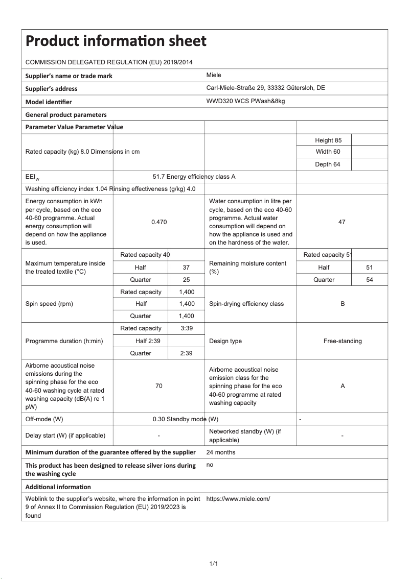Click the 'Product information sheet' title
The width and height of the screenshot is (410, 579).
[116, 41]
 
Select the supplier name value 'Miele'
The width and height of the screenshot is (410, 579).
[214, 75]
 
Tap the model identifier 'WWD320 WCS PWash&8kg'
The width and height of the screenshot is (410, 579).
[245, 101]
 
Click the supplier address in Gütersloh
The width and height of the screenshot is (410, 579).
[265, 88]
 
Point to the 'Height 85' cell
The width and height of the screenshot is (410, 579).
[324, 140]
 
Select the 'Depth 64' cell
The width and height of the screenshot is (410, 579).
[324, 164]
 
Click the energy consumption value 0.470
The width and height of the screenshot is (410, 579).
[159, 222]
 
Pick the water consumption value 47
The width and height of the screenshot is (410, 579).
[342, 222]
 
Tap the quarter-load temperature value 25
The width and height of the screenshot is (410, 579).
[187, 280]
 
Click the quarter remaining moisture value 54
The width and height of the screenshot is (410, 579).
[370, 280]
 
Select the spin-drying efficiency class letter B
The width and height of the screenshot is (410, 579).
[343, 304]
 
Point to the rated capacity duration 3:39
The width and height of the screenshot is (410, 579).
[187, 328]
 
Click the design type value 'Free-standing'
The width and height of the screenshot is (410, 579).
[343, 341]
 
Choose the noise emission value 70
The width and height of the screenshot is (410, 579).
[159, 386]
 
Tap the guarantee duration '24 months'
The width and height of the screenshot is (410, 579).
[221, 452]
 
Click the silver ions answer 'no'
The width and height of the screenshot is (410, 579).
[210, 465]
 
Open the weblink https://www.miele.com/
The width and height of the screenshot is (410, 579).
[238, 499]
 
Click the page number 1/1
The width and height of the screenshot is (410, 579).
[214, 564]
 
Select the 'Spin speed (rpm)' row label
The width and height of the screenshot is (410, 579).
[49, 304]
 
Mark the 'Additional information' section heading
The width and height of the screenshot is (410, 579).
[58, 487]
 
